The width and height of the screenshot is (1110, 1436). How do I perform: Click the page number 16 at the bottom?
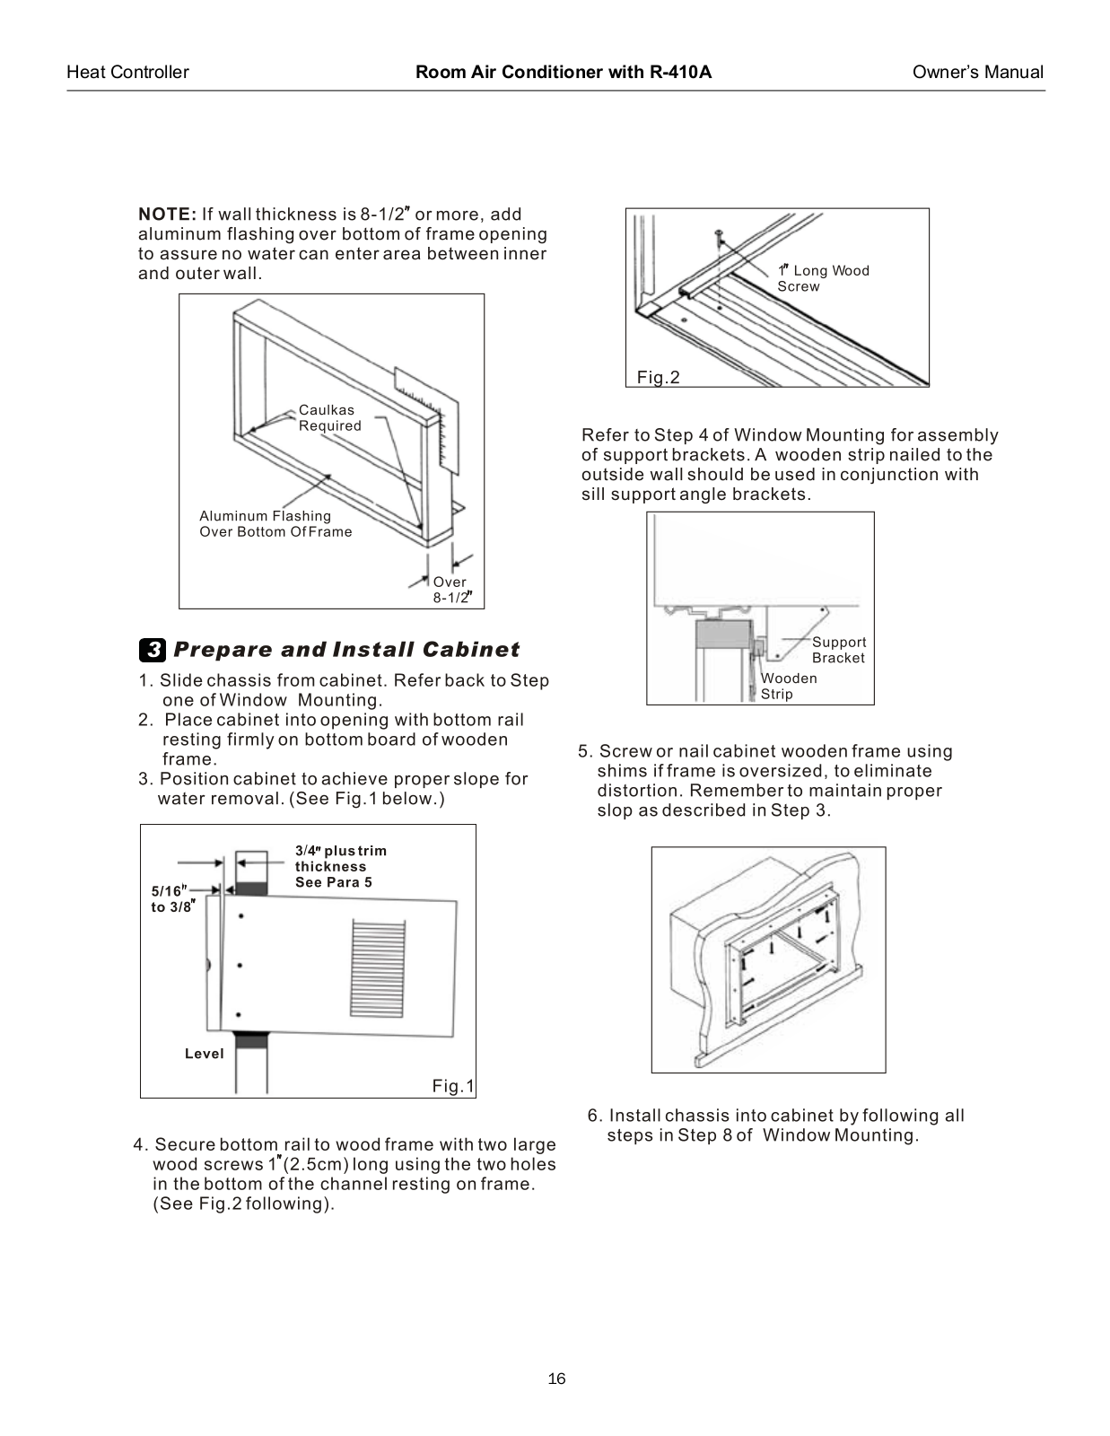point(556,1379)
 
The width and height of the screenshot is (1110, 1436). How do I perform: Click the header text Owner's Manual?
point(977,73)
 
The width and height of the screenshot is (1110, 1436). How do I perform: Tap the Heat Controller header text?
point(127,73)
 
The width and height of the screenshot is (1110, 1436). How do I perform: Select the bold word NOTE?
point(167,215)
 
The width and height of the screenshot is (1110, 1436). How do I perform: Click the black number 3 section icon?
point(153,649)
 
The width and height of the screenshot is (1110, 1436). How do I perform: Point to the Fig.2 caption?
point(659,378)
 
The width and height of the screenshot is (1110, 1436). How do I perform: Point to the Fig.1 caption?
point(453,1087)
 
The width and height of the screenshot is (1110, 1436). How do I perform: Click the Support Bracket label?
point(838,650)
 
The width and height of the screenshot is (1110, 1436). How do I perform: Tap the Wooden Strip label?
point(788,686)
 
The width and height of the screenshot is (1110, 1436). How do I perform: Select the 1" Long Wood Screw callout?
point(822,278)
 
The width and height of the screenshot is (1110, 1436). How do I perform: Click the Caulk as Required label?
point(329,418)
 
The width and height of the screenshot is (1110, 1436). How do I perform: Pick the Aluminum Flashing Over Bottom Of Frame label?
point(275,523)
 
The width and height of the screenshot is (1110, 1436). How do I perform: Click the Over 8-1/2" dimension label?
point(451,590)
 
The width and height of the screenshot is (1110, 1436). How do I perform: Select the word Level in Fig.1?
point(204,1054)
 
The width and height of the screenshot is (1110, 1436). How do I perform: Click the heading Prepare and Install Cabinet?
point(346,649)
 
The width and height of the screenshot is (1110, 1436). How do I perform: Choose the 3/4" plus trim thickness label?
point(340,866)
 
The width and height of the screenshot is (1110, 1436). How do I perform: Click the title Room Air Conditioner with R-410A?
point(563,73)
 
